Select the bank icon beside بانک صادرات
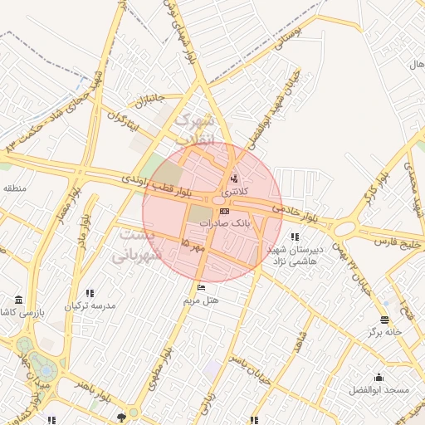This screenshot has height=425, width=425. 224,212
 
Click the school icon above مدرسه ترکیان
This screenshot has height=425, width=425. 90,293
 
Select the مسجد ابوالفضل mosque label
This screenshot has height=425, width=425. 379,389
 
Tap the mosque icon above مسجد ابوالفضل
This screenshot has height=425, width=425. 379,378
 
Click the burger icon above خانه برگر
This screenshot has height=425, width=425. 384,320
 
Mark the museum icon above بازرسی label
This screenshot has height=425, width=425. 19,300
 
